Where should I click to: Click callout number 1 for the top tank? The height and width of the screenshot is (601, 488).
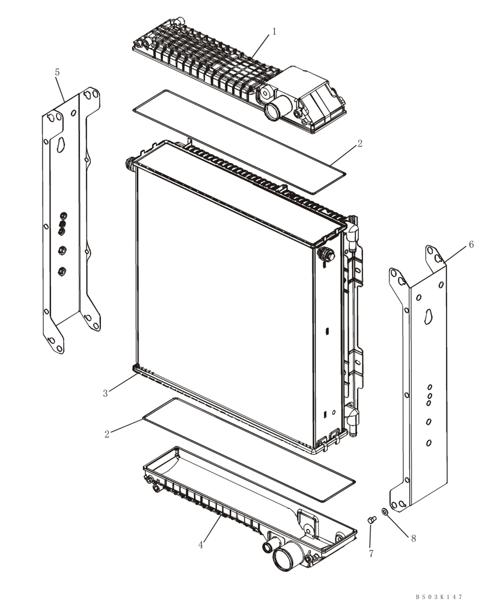(x=274, y=31)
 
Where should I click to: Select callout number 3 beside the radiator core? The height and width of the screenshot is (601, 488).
(x=105, y=394)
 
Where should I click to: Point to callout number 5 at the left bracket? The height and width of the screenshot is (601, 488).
(x=57, y=72)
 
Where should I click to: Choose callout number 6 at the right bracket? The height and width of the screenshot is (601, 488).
(x=471, y=245)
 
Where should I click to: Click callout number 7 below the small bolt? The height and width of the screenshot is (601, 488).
(x=371, y=553)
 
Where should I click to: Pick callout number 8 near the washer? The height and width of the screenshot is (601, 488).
(x=413, y=538)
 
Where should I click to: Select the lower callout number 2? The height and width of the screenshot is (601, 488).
(x=107, y=433)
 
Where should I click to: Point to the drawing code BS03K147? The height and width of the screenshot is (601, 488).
(x=439, y=597)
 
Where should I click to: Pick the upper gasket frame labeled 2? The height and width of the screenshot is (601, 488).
(x=240, y=137)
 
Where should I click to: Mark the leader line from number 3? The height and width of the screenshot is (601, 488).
(x=121, y=384)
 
